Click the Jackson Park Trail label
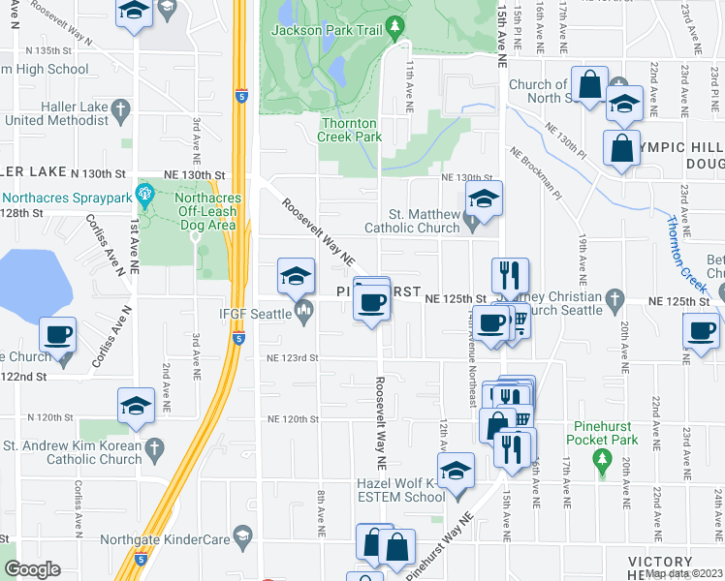pos(325,30)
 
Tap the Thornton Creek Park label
pos(351,130)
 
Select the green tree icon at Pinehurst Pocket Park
pos(603,457)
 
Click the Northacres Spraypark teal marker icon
pos(145,194)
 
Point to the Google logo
pos(32,569)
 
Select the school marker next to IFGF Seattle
pos(296,276)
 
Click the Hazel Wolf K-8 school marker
pos(456,472)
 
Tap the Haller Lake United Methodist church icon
pos(120,107)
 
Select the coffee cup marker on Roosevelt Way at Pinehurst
pos(372,302)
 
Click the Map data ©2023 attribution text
pos(684,572)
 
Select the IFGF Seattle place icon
pos(303,312)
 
